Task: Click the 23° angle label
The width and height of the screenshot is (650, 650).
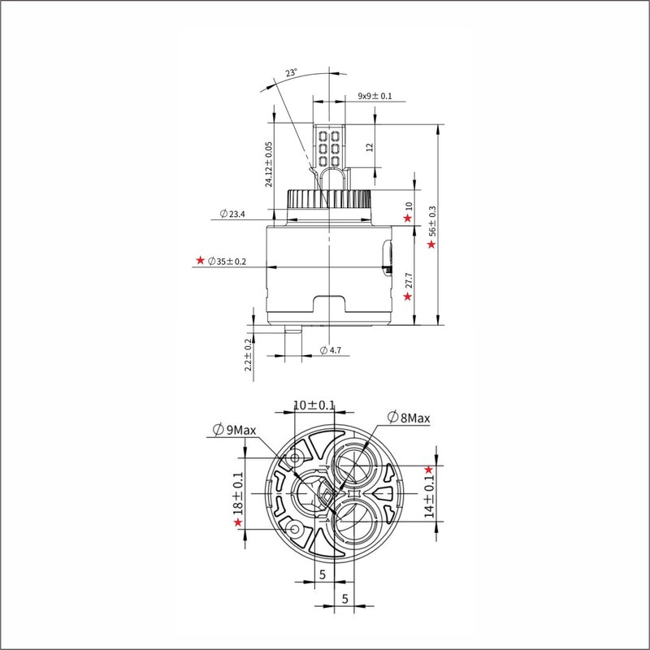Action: tap(291, 74)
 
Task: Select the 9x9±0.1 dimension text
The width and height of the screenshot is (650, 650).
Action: tap(375, 97)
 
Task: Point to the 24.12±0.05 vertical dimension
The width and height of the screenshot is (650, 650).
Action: tap(269, 164)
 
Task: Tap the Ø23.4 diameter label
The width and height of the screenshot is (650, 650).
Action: tap(232, 214)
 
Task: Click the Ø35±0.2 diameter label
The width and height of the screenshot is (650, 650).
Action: tap(227, 262)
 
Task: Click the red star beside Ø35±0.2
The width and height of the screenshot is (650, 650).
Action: tap(200, 262)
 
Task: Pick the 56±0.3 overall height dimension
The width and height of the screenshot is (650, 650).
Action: tap(432, 221)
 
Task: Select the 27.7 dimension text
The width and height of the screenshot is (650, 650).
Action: tap(409, 280)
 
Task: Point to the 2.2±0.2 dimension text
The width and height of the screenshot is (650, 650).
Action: tap(249, 355)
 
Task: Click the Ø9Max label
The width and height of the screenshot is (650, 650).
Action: tap(233, 430)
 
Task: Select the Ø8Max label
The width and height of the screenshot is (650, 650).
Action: tap(409, 418)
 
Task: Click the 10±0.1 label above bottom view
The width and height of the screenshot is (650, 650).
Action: tap(314, 405)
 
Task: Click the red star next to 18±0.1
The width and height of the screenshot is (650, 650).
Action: tap(239, 522)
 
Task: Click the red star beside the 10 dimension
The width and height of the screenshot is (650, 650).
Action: tap(408, 218)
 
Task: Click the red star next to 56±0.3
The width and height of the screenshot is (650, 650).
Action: tap(431, 244)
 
